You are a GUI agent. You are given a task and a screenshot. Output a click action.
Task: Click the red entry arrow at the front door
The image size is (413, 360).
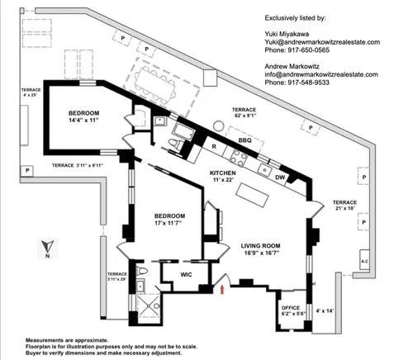click(222, 290)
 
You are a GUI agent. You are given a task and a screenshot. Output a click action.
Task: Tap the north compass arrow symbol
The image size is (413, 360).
click(48, 246)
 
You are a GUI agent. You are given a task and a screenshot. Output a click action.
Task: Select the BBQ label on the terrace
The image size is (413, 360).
click(244, 140)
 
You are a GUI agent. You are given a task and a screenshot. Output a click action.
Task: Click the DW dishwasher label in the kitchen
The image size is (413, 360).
click(280, 178)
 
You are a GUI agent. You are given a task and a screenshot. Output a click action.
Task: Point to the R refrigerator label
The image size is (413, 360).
click(214, 147)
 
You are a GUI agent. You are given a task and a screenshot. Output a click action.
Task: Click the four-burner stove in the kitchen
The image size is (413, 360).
click(239, 159)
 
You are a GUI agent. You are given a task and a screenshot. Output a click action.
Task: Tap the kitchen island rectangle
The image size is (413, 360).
click(252, 195)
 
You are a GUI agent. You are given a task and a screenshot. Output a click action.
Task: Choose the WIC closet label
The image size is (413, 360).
click(186, 275)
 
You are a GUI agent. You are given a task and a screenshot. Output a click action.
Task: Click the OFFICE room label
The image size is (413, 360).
click(291, 308)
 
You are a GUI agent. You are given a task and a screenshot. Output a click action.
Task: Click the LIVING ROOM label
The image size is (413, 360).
click(260, 246)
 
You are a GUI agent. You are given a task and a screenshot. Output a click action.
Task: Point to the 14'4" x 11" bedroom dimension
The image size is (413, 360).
click(83, 120)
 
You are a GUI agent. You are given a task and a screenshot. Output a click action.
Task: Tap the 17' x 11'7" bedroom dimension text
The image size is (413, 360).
click(169, 223)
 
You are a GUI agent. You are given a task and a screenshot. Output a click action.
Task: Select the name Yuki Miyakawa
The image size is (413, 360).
click(287, 34)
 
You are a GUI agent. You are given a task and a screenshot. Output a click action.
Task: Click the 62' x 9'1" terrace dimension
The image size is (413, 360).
click(245, 116)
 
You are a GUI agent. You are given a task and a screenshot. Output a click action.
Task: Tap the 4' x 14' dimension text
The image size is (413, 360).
click(325, 310)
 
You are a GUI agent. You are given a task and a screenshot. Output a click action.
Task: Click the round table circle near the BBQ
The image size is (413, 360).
click(219, 126)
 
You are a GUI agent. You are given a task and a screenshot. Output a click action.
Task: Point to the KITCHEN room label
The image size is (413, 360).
click(223, 173)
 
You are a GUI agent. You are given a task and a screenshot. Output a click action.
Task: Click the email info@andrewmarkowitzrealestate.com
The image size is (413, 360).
click(321, 74)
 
